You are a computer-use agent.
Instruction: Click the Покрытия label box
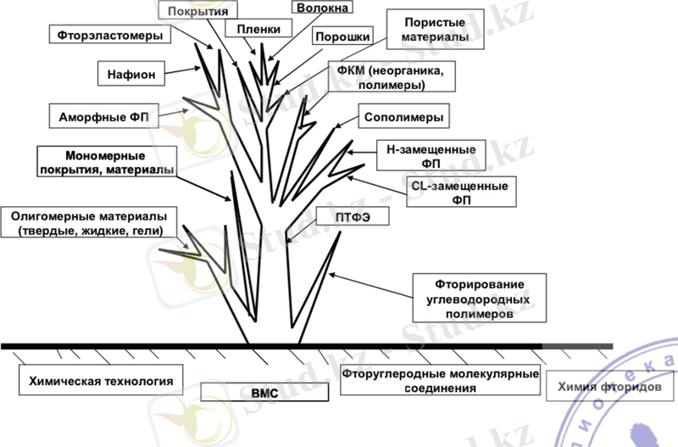pyautogui.click(x=202, y=12)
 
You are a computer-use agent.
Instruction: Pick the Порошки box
pyautogui.click(x=341, y=37)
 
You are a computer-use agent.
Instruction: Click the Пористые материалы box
pyautogui.click(x=428, y=31)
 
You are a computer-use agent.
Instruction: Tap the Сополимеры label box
pyautogui.click(x=403, y=116)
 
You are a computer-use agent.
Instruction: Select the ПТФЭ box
pyautogui.click(x=344, y=218)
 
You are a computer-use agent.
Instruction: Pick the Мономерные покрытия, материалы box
pyautogui.click(x=106, y=163)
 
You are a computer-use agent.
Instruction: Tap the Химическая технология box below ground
pyautogui.click(x=101, y=382)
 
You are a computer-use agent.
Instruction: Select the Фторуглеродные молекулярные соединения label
pyautogui.click(x=440, y=381)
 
